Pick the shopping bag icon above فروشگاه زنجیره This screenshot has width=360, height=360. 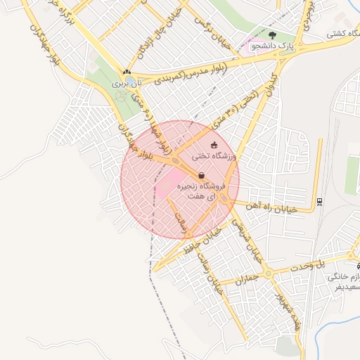201,176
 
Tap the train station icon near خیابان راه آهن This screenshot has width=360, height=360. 320,202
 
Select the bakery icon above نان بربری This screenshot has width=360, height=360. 127,72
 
